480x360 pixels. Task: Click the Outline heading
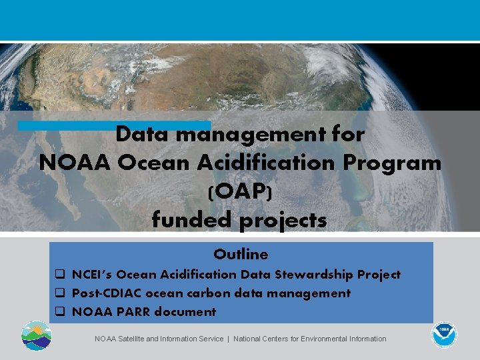point(241,254)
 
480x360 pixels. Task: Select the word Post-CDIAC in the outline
point(106,293)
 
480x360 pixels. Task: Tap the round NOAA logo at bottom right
point(443,335)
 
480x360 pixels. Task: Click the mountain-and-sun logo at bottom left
point(35,335)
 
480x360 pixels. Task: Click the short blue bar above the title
point(113,125)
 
